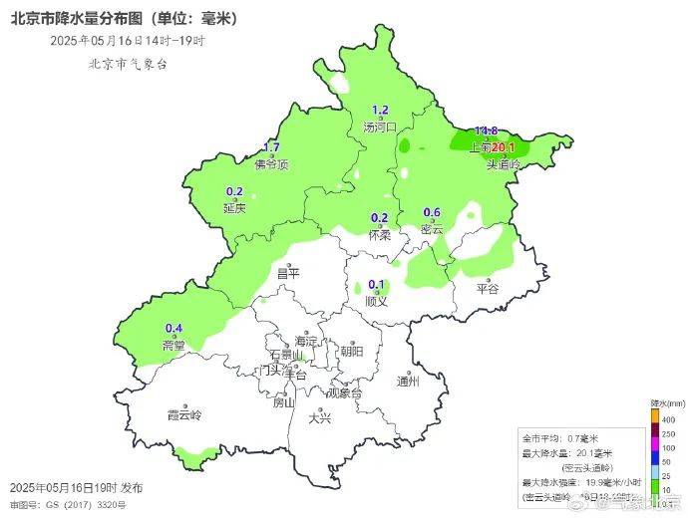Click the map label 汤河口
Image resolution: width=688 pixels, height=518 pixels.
coord(380,128)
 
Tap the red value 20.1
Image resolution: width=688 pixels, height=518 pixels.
coord(502,148)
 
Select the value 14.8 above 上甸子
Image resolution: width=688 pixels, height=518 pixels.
coord(486,131)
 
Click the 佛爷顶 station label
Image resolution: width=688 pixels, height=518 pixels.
coord(270,165)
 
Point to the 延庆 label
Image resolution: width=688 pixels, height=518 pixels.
coord(234,209)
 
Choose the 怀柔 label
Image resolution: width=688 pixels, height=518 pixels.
coord(379,235)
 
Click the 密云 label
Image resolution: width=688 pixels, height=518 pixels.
coord(432,229)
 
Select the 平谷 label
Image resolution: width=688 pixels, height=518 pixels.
coord(487,289)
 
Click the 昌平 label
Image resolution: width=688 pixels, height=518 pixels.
coord(287,273)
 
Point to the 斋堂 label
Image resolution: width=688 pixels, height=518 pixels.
coord(173,345)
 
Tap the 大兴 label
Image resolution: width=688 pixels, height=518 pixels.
coord(320,418)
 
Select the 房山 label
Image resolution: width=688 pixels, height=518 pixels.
coord(284,402)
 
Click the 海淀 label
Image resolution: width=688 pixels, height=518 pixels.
coord(305,341)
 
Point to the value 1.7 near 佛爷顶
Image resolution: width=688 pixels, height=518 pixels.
coord(270,148)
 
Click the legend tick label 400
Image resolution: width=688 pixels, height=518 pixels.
coord(667,420)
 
